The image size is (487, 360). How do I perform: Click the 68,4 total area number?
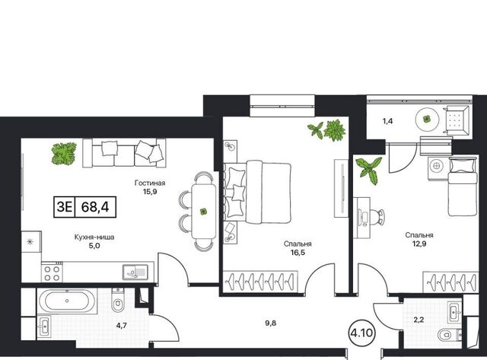pos(95,207)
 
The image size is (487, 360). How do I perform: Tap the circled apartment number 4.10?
pos(361,333)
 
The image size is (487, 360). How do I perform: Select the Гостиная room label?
pos(150,183)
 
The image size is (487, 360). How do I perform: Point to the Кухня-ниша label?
pos(94,237)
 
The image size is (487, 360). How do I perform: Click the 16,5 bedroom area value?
pos(298,253)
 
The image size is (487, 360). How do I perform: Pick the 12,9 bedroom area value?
pos(419,244)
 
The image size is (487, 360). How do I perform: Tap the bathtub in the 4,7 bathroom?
pos(67,301)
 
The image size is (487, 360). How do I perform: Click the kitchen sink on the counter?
pos(135,272)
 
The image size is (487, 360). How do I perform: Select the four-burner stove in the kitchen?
pos(52,272)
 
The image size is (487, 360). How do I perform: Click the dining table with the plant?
pos(204,212)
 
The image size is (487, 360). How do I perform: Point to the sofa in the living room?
pos(124,153)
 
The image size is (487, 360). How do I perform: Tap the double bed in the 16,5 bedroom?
pos(258,192)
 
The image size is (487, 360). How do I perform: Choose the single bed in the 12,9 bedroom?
pos(462,186)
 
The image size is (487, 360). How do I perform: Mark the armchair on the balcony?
pos(457,121)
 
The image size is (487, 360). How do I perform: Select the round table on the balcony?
pos(428,119)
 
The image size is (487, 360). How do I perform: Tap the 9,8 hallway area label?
pos(271,323)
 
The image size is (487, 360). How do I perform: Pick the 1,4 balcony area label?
pos(387,121)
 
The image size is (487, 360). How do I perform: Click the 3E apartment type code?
pos(64,207)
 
